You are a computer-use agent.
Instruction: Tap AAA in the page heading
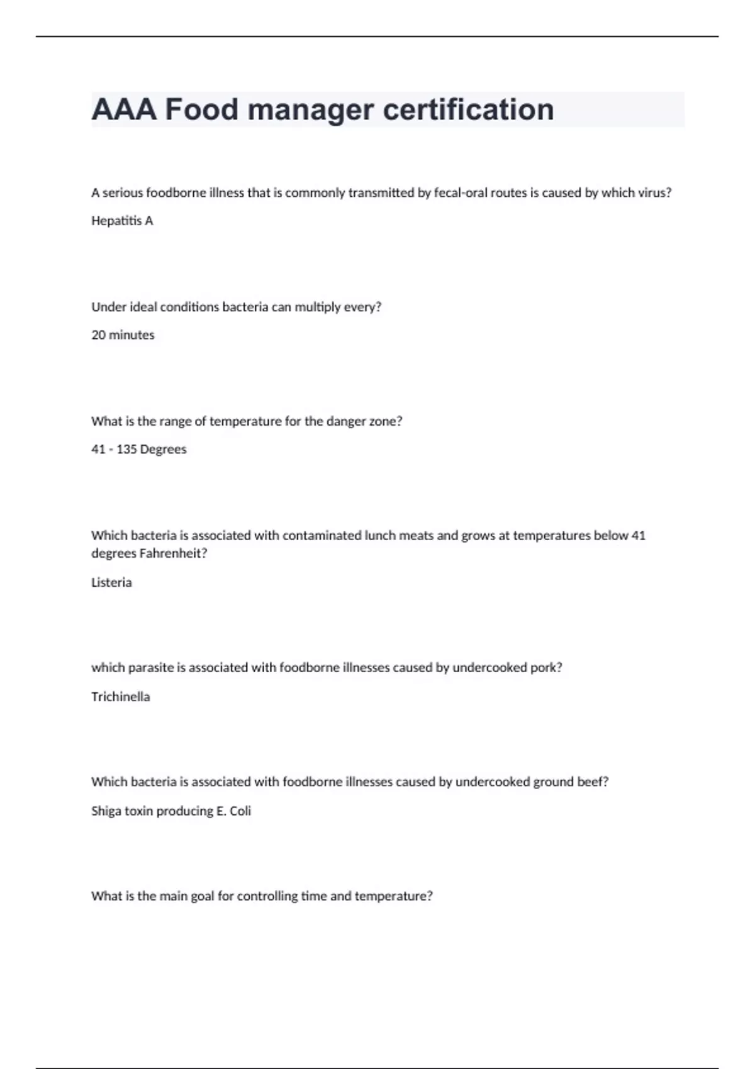tap(123, 109)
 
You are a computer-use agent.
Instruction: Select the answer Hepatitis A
tap(122, 221)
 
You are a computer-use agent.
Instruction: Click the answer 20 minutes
tap(123, 335)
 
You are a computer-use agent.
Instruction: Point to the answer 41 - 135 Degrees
tap(138, 450)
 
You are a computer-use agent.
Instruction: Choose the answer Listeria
tap(111, 582)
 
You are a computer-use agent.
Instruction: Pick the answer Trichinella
tap(120, 697)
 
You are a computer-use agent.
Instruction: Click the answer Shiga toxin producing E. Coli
tap(171, 811)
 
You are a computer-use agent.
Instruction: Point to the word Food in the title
tap(201, 109)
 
